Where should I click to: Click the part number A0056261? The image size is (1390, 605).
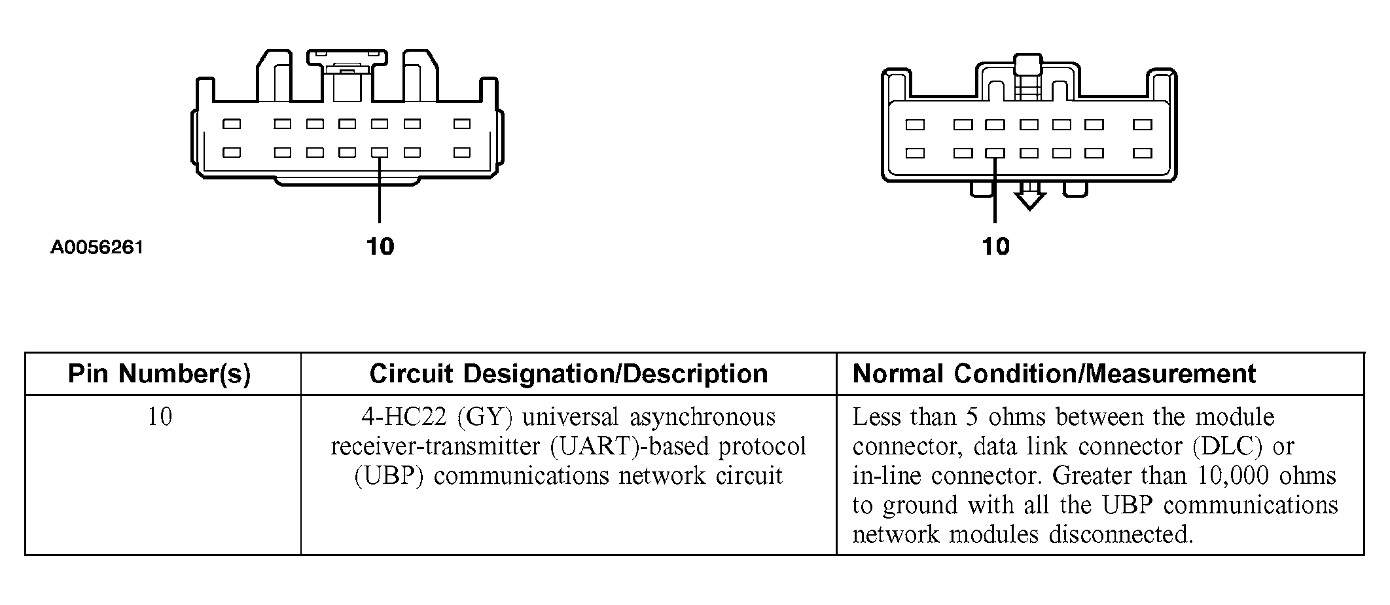coord(97,247)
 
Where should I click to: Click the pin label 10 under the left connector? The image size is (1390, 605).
coord(380,247)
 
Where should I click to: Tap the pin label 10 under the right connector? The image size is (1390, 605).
coord(995,247)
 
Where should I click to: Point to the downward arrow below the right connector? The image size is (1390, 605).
coord(1029,196)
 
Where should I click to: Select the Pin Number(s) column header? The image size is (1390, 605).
coord(160,374)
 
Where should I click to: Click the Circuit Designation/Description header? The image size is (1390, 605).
coord(569,374)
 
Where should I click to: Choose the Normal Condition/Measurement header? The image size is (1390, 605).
coord(1054,374)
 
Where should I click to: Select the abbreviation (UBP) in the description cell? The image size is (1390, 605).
coord(389,476)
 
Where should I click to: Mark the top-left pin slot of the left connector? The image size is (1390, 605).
coord(232,124)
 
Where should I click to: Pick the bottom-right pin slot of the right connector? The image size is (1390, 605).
coord(1143,153)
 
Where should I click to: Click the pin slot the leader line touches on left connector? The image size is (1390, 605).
coord(379,153)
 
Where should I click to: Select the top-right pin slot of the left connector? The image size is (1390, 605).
coord(462,124)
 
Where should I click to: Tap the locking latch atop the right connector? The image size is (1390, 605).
coord(1027,65)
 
